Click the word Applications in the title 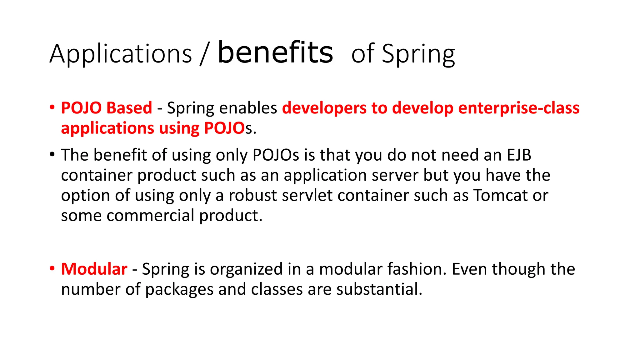click(x=121, y=54)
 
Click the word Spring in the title click(x=418, y=55)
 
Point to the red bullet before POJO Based click(x=52, y=107)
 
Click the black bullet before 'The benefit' click(x=52, y=154)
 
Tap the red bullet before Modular click(x=52, y=268)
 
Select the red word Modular click(x=94, y=269)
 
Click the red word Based click(x=129, y=108)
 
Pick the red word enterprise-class click(x=519, y=108)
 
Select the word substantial click(x=379, y=289)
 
